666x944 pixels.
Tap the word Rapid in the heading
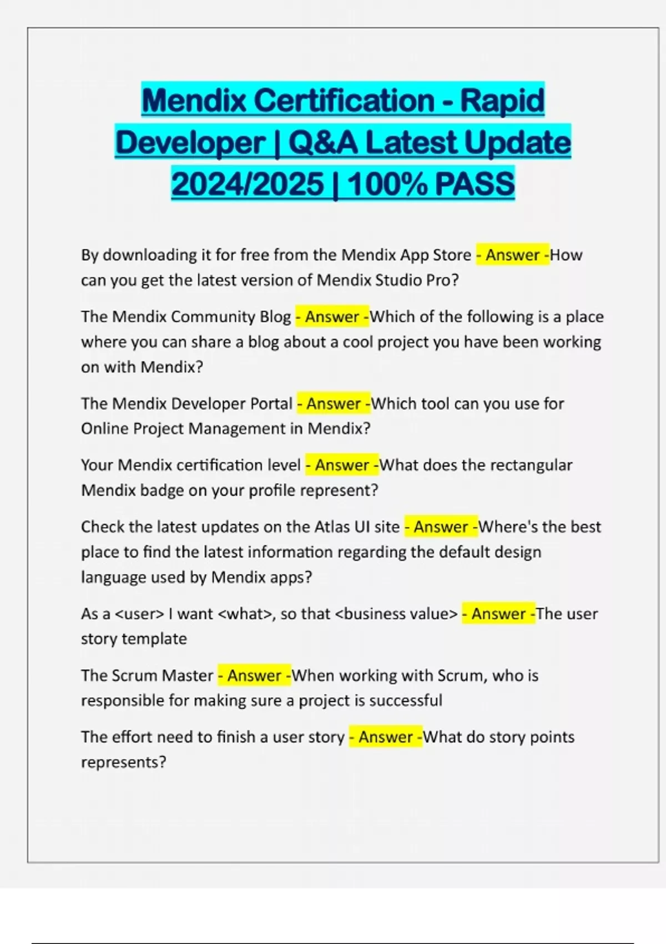(x=503, y=101)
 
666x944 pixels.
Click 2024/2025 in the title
(x=248, y=184)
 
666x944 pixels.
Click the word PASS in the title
(x=475, y=184)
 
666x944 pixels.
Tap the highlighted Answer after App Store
(x=513, y=255)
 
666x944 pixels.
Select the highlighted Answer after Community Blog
(x=332, y=317)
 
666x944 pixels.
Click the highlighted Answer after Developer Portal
(x=334, y=403)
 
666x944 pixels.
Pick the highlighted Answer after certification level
(x=342, y=465)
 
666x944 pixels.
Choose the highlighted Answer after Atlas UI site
(x=441, y=526)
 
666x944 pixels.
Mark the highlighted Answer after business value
(x=498, y=614)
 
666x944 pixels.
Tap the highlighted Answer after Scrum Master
(x=254, y=675)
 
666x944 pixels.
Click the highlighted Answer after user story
(x=385, y=737)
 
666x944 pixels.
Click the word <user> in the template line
(x=139, y=614)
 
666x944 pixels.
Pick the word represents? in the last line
(x=123, y=762)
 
